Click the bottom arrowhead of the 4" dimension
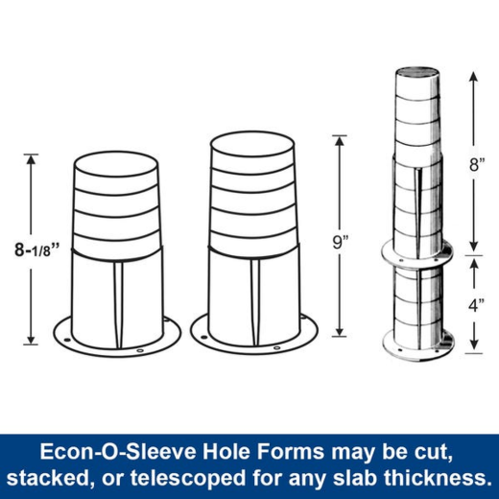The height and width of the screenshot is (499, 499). [x=473, y=348]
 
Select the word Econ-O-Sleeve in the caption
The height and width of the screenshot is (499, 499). [x=103, y=450]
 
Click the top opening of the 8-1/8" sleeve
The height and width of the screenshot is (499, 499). [x=115, y=161]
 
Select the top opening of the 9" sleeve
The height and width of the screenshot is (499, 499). [x=253, y=143]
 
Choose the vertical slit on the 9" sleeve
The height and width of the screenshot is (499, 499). [x=254, y=292]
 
